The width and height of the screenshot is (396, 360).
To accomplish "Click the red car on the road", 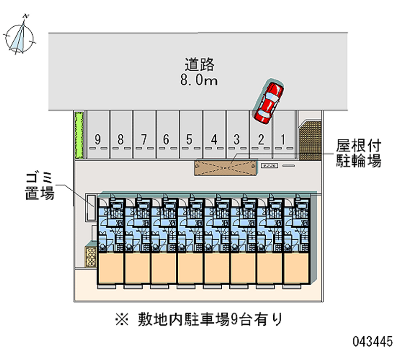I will click(268, 102).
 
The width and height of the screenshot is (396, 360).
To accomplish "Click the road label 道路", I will click(199, 64).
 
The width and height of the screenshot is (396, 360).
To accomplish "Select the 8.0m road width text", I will click(199, 80).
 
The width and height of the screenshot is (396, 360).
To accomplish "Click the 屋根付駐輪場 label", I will click(358, 153).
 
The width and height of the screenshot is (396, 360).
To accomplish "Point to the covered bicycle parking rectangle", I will click(226, 167).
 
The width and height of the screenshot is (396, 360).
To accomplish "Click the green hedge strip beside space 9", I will click(78, 134).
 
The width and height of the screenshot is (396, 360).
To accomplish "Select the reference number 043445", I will click(372, 341).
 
